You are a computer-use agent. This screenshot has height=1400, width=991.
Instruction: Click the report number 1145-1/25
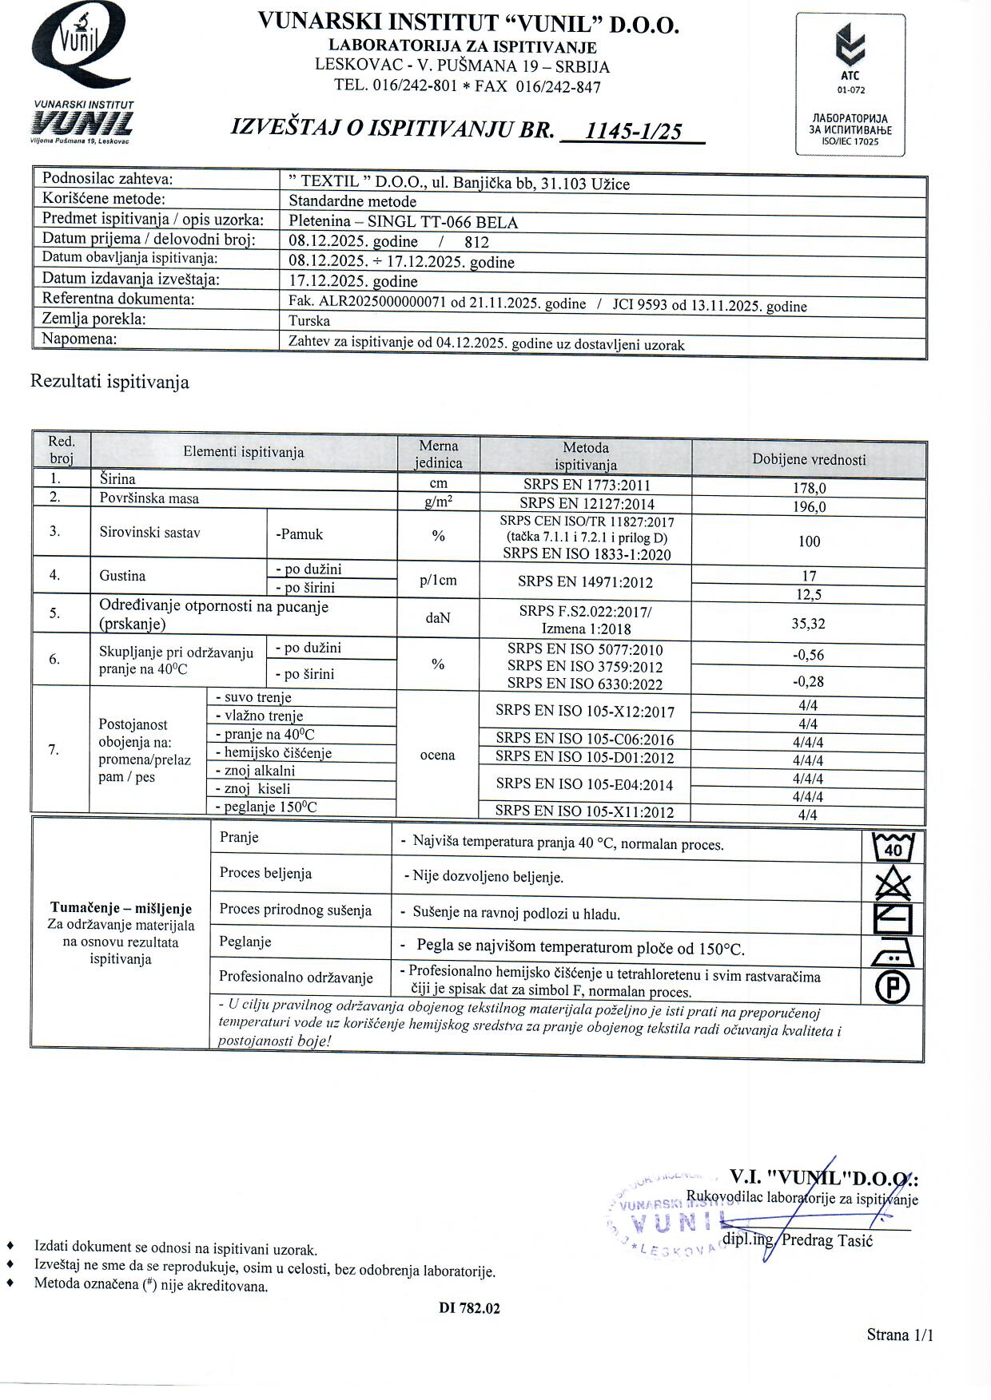pyautogui.click(x=634, y=130)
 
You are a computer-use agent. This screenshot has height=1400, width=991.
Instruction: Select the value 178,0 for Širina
pyautogui.click(x=809, y=488)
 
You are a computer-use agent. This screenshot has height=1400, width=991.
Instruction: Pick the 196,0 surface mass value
pyautogui.click(x=809, y=507)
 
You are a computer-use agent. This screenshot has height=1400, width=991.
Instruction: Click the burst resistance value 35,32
pyautogui.click(x=809, y=623)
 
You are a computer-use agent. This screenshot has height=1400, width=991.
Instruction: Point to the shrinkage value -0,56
pyautogui.click(x=809, y=655)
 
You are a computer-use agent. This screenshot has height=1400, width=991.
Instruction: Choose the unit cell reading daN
pyautogui.click(x=438, y=618)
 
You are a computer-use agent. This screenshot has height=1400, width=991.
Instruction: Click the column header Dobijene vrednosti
pyautogui.click(x=809, y=459)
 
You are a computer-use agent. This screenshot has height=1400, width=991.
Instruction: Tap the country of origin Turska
pyautogui.click(x=309, y=321)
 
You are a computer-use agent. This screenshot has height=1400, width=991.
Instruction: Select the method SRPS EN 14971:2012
pyautogui.click(x=585, y=581)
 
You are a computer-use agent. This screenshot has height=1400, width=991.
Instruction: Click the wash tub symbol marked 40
pyautogui.click(x=893, y=847)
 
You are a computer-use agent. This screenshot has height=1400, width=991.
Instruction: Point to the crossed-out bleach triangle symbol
pyautogui.click(x=893, y=884)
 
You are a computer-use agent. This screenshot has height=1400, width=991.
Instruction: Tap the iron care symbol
pyautogui.click(x=893, y=951)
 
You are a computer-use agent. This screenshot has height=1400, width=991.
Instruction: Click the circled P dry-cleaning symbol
pyautogui.click(x=893, y=988)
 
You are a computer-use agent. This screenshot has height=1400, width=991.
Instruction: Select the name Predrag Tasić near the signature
pyautogui.click(x=827, y=1239)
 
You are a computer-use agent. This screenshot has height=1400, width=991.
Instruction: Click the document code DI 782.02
pyautogui.click(x=469, y=1308)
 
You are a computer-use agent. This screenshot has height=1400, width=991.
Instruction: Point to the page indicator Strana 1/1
pyautogui.click(x=900, y=1335)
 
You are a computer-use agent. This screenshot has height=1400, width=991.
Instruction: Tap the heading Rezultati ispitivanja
pyautogui.click(x=109, y=382)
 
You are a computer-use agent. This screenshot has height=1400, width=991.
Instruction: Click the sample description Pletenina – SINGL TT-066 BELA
pyautogui.click(x=403, y=222)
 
